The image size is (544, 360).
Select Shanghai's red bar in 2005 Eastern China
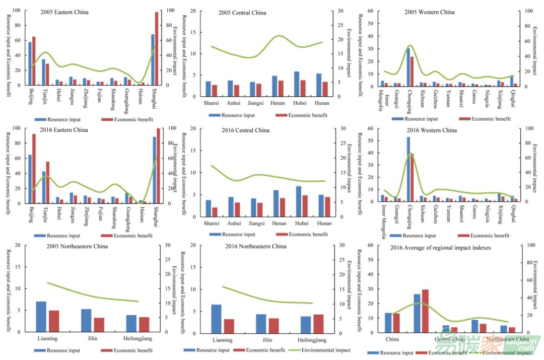[157, 48]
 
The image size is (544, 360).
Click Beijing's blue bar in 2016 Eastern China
[30, 179]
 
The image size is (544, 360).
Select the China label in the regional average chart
[392, 339]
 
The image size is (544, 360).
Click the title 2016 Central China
[245, 130]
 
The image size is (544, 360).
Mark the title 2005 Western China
[429, 12]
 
